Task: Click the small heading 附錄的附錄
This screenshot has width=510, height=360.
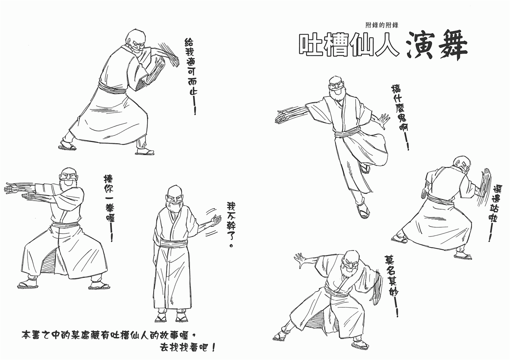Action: [x=382, y=25]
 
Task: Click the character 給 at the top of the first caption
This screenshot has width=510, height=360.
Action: [x=189, y=43]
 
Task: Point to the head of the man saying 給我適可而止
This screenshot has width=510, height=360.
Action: [x=135, y=43]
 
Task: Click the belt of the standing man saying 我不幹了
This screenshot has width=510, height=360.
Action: [x=174, y=243]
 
